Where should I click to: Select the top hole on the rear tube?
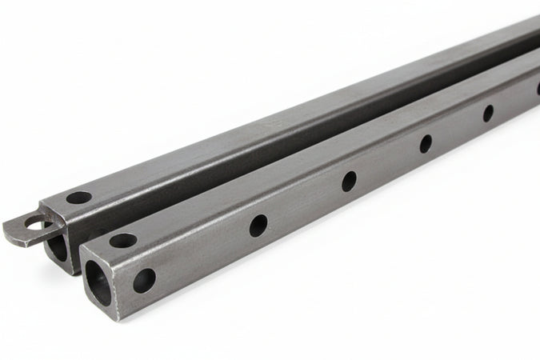[x=78, y=197]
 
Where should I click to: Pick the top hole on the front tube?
[x=122, y=239]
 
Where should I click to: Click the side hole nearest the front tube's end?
[x=144, y=279]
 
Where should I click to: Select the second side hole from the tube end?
[x=258, y=226]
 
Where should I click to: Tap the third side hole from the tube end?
[x=350, y=182]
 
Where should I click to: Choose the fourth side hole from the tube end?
[x=426, y=144]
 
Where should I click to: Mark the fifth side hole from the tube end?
[x=488, y=113]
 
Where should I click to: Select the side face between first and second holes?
[x=200, y=252]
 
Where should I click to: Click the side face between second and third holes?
[x=304, y=203]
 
